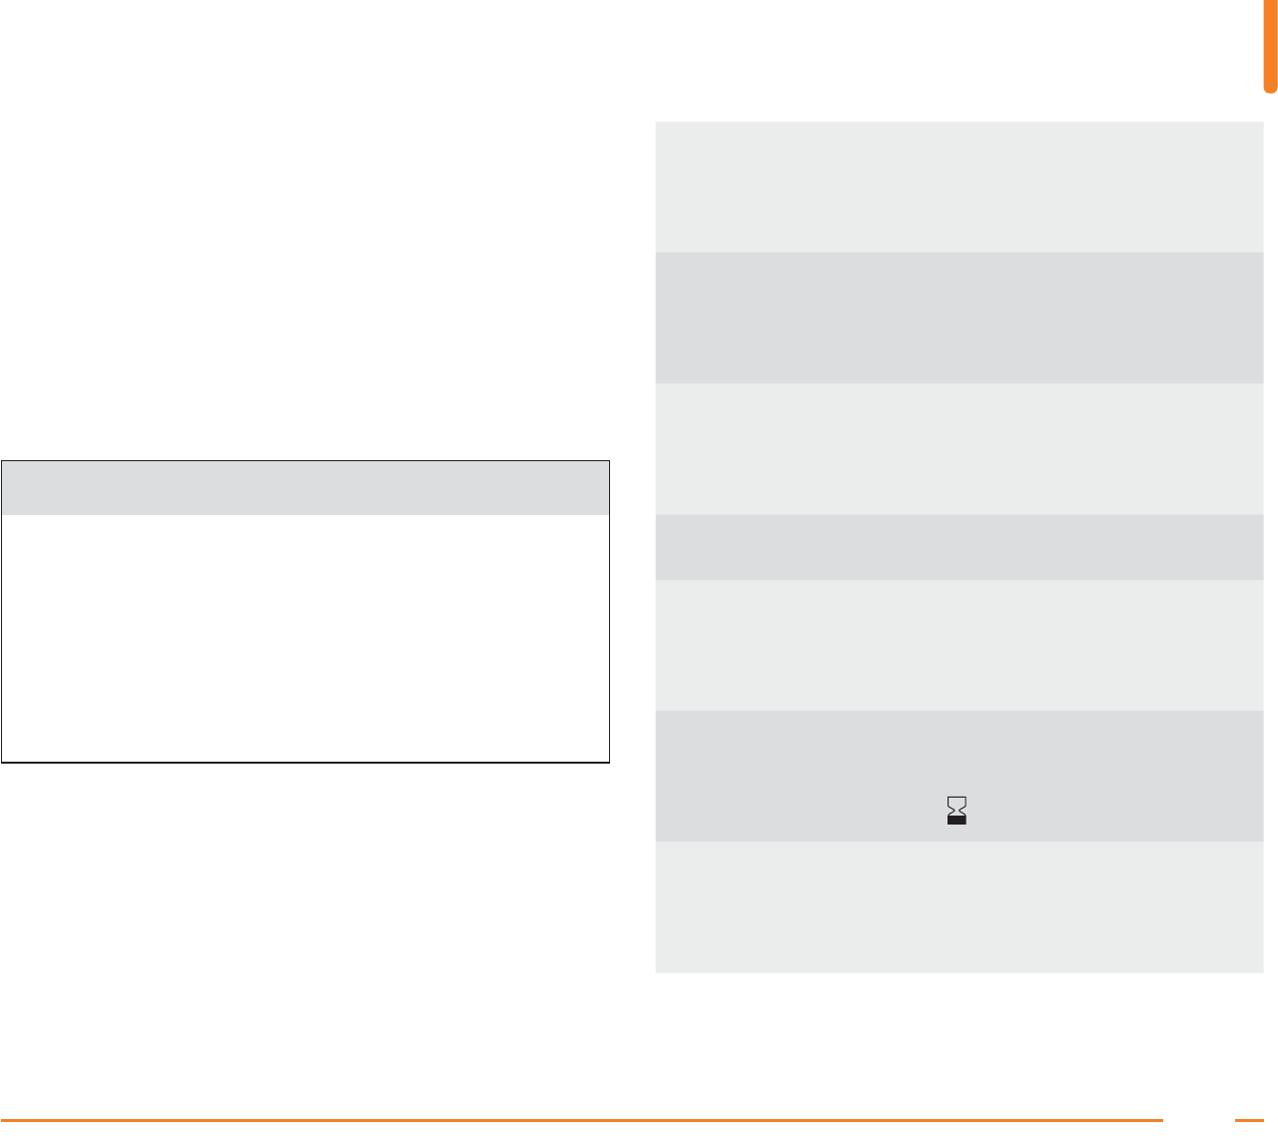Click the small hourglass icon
958,810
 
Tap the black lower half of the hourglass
958,819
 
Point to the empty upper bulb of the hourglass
958,801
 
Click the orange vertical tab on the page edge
1270,45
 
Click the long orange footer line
579,1120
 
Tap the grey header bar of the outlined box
305,487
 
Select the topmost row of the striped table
958,187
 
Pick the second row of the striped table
958,317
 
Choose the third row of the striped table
958,448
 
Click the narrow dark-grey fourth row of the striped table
958,546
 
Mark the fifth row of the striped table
958,644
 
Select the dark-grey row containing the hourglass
799,776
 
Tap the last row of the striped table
958,906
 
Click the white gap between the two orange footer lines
1198,1120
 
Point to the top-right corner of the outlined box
609,461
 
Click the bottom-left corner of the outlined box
2,762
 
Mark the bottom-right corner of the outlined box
609,762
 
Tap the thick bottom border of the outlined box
305,762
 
